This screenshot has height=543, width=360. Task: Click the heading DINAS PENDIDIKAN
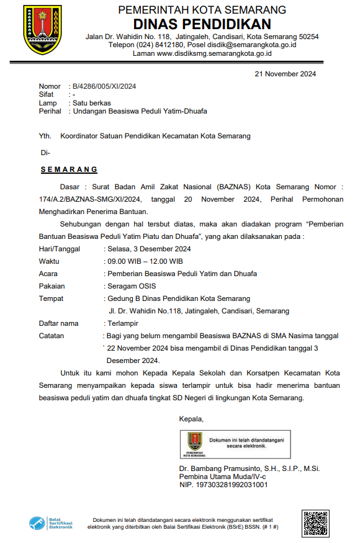click(202, 24)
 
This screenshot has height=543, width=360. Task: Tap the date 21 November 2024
click(286, 74)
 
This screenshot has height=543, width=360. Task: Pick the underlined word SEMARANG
click(69, 169)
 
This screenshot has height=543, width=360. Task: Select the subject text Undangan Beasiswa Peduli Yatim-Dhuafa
click(140, 111)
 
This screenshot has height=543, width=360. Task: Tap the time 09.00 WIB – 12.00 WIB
click(145, 261)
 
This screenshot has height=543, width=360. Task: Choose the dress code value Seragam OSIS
click(132, 286)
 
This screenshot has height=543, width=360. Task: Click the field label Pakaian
click(52, 286)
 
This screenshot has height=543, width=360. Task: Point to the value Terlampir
click(123, 323)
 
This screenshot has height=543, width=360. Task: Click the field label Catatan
click(52, 336)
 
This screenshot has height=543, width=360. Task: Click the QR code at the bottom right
click(315, 523)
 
